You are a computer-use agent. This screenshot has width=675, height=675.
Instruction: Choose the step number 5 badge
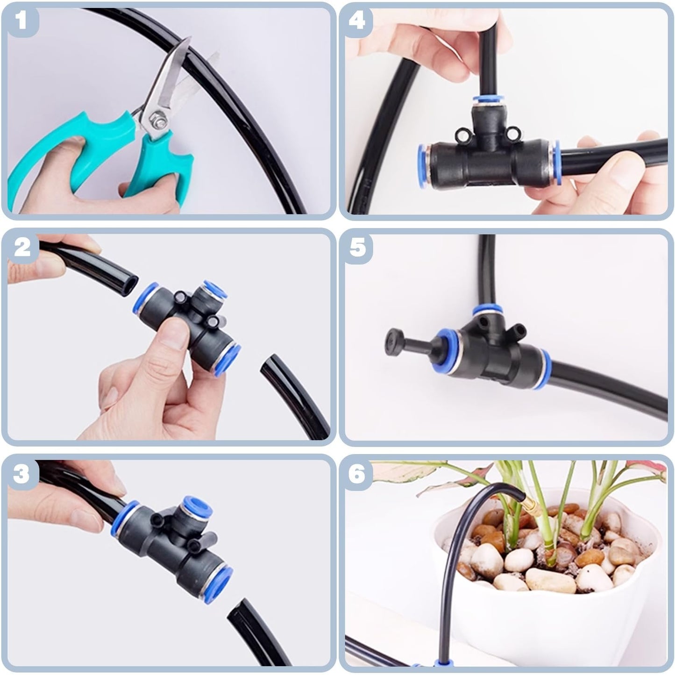click(x=357, y=248)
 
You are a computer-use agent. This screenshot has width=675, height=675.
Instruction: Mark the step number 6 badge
click(x=357, y=474)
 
